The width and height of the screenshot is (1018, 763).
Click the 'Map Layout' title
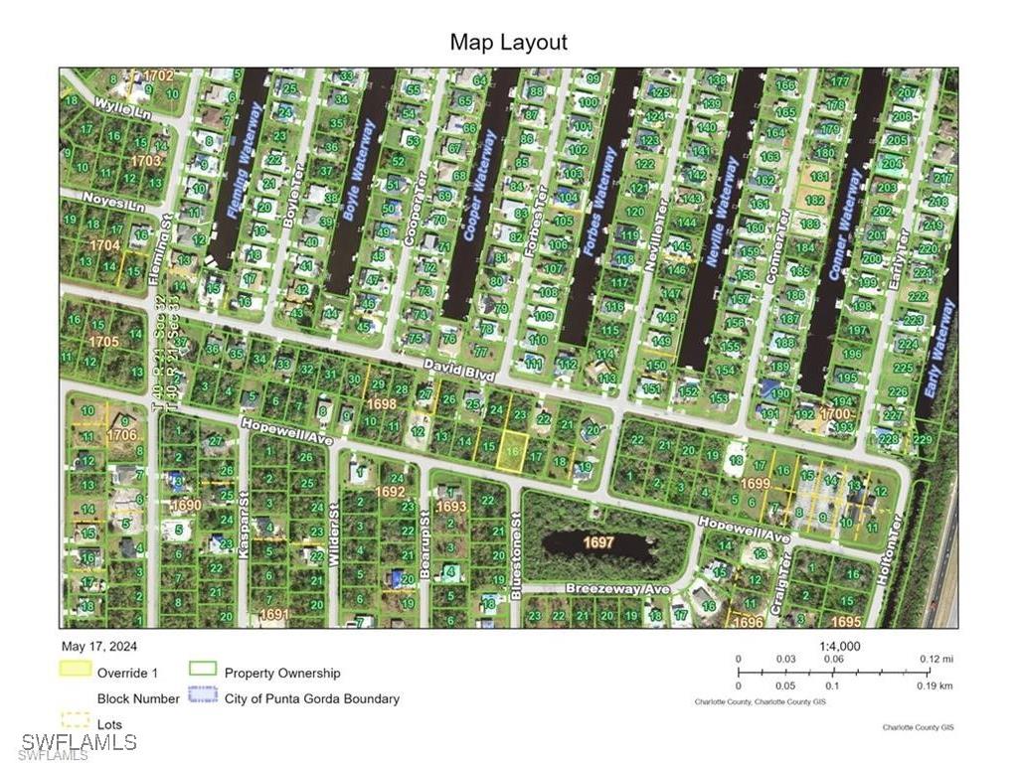[508, 43]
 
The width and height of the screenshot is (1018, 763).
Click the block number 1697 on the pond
[598, 542]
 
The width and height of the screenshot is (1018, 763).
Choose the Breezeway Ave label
[617, 588]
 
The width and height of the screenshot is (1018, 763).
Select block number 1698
[381, 404]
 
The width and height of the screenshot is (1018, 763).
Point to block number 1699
[756, 483]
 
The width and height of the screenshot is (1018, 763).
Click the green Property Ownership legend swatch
[203, 673]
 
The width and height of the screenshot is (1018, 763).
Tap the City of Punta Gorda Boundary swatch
[203, 698]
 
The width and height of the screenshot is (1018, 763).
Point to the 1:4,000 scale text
[840, 647]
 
